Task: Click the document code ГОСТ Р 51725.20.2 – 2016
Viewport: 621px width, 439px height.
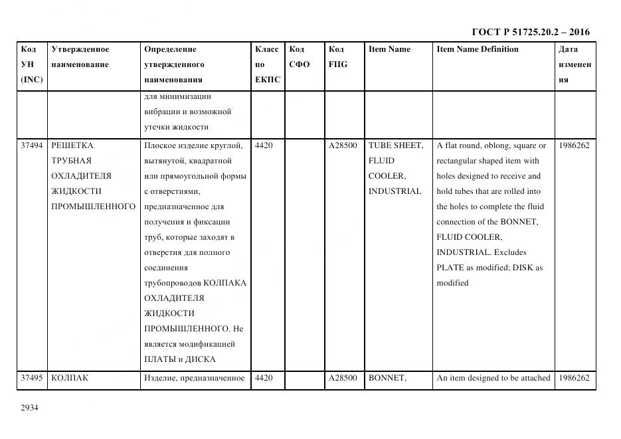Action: pos(530,32)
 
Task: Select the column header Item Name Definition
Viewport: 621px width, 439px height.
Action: pos(478,49)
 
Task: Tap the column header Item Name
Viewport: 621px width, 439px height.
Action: pos(389,49)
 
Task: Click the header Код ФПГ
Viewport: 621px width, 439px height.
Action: pos(337,56)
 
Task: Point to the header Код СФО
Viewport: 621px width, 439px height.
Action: pos(299,56)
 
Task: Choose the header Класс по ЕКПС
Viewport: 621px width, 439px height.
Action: pos(267,64)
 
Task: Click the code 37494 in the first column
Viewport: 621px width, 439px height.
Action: pos(32,145)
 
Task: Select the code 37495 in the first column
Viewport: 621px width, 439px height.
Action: pos(32,378)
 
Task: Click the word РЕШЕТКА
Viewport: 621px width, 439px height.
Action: pos(72,145)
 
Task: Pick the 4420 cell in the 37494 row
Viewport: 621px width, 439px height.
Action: pos(264,145)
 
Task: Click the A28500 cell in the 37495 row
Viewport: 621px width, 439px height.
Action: pos(343,378)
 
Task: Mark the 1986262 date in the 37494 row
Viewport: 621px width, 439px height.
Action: pos(574,145)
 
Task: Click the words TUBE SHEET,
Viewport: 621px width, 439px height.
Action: pos(396,145)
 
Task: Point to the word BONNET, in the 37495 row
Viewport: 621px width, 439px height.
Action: pos(387,378)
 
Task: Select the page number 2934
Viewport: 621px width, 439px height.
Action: pos(29,408)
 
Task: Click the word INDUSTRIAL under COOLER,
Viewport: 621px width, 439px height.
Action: pos(395,191)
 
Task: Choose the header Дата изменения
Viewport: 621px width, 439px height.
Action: pos(575,64)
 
